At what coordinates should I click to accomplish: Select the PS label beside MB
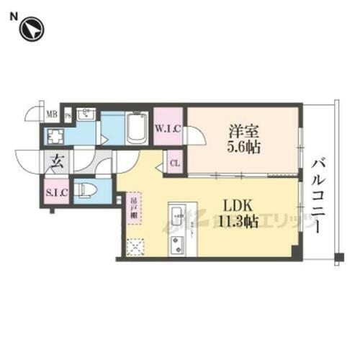click(68, 114)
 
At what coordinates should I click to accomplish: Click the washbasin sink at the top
click(87, 115)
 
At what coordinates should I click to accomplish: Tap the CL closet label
click(175, 162)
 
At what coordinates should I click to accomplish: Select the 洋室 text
click(240, 132)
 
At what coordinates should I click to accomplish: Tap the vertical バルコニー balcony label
click(318, 194)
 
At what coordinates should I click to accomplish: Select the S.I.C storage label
click(55, 193)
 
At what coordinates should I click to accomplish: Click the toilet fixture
click(86, 189)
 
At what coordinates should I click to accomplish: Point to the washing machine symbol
click(56, 135)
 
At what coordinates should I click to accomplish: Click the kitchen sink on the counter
click(178, 215)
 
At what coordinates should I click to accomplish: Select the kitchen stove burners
click(176, 244)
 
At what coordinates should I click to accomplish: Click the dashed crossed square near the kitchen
click(135, 247)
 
